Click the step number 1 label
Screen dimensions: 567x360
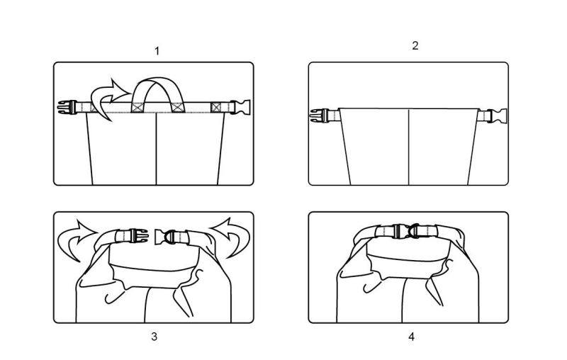(157, 51)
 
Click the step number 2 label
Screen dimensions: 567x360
(415, 45)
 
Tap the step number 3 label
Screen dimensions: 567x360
(154, 337)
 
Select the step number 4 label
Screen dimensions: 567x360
(412, 337)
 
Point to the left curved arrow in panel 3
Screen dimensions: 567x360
(77, 237)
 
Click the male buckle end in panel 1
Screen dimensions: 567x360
(67, 107)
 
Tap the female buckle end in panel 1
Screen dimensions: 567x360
(240, 107)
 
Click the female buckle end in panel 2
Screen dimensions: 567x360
(498, 116)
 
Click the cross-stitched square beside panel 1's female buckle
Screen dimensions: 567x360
(216, 107)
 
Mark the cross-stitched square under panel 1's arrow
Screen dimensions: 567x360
(97, 107)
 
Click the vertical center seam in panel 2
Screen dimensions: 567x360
(409, 147)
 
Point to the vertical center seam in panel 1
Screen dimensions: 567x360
(156, 149)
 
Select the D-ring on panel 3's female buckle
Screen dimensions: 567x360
(170, 237)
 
